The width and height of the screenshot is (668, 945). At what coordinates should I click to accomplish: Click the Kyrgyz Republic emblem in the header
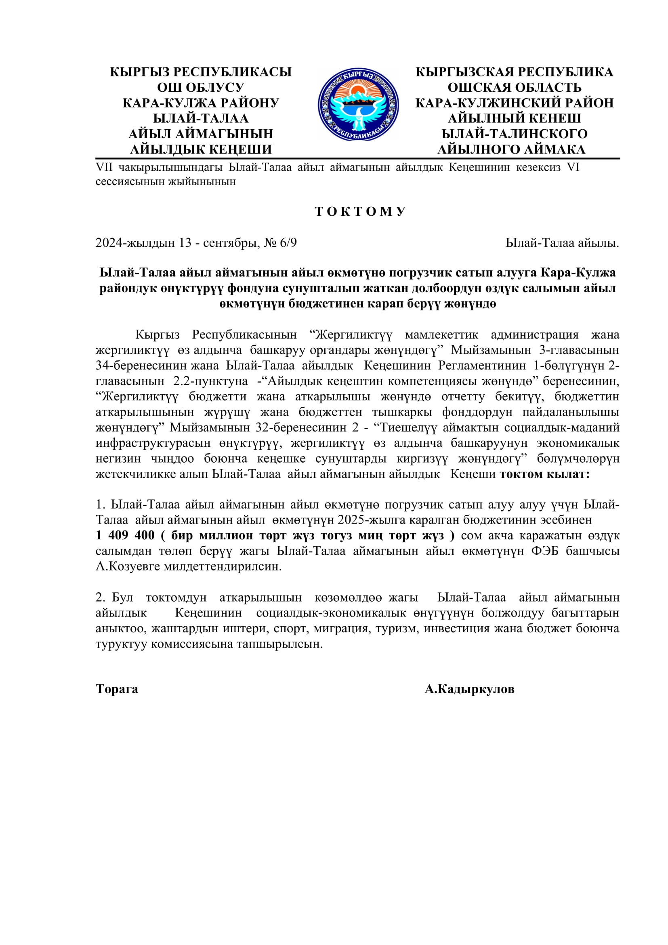pyautogui.click(x=358, y=105)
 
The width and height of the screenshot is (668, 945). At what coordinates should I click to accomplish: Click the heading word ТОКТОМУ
pyautogui.click(x=360, y=212)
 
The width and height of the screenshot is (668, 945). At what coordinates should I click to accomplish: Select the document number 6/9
pyautogui.click(x=288, y=243)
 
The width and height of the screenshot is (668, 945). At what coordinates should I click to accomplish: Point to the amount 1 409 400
pyautogui.click(x=125, y=535)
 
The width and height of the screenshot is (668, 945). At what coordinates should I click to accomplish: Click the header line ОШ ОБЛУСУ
pyautogui.click(x=201, y=87)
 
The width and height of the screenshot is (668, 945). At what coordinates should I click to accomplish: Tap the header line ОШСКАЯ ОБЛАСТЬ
pyautogui.click(x=514, y=87)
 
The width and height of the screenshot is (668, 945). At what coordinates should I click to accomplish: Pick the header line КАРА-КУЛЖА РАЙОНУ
pyautogui.click(x=201, y=103)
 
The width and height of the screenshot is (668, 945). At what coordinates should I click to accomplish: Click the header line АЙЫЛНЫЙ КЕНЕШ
pyautogui.click(x=514, y=118)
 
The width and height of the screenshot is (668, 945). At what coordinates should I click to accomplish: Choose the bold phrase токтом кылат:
pyautogui.click(x=544, y=474)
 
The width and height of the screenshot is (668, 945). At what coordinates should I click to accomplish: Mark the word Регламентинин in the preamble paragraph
pyautogui.click(x=482, y=366)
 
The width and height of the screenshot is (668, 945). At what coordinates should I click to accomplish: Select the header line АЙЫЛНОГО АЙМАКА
pyautogui.click(x=511, y=149)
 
